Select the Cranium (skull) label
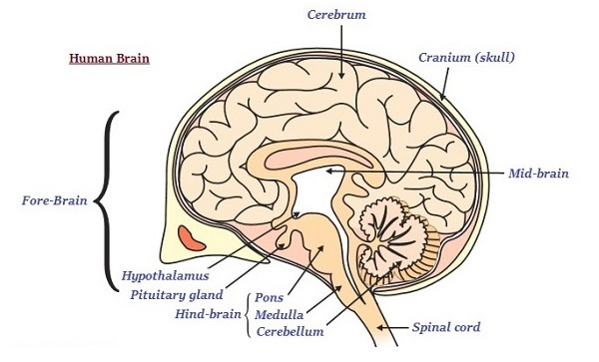466,56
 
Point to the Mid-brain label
539,173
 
